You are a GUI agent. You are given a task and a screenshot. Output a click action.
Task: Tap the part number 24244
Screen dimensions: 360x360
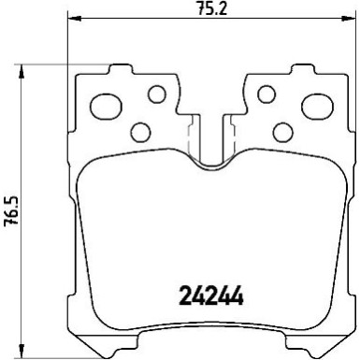tap(210, 296)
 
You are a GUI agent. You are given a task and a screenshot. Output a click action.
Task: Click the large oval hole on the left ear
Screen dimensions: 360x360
tap(105, 102)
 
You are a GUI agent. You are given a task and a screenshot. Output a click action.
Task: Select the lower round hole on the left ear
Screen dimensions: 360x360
tap(140, 131)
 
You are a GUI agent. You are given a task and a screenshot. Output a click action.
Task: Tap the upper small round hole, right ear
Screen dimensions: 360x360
tap(266, 93)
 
